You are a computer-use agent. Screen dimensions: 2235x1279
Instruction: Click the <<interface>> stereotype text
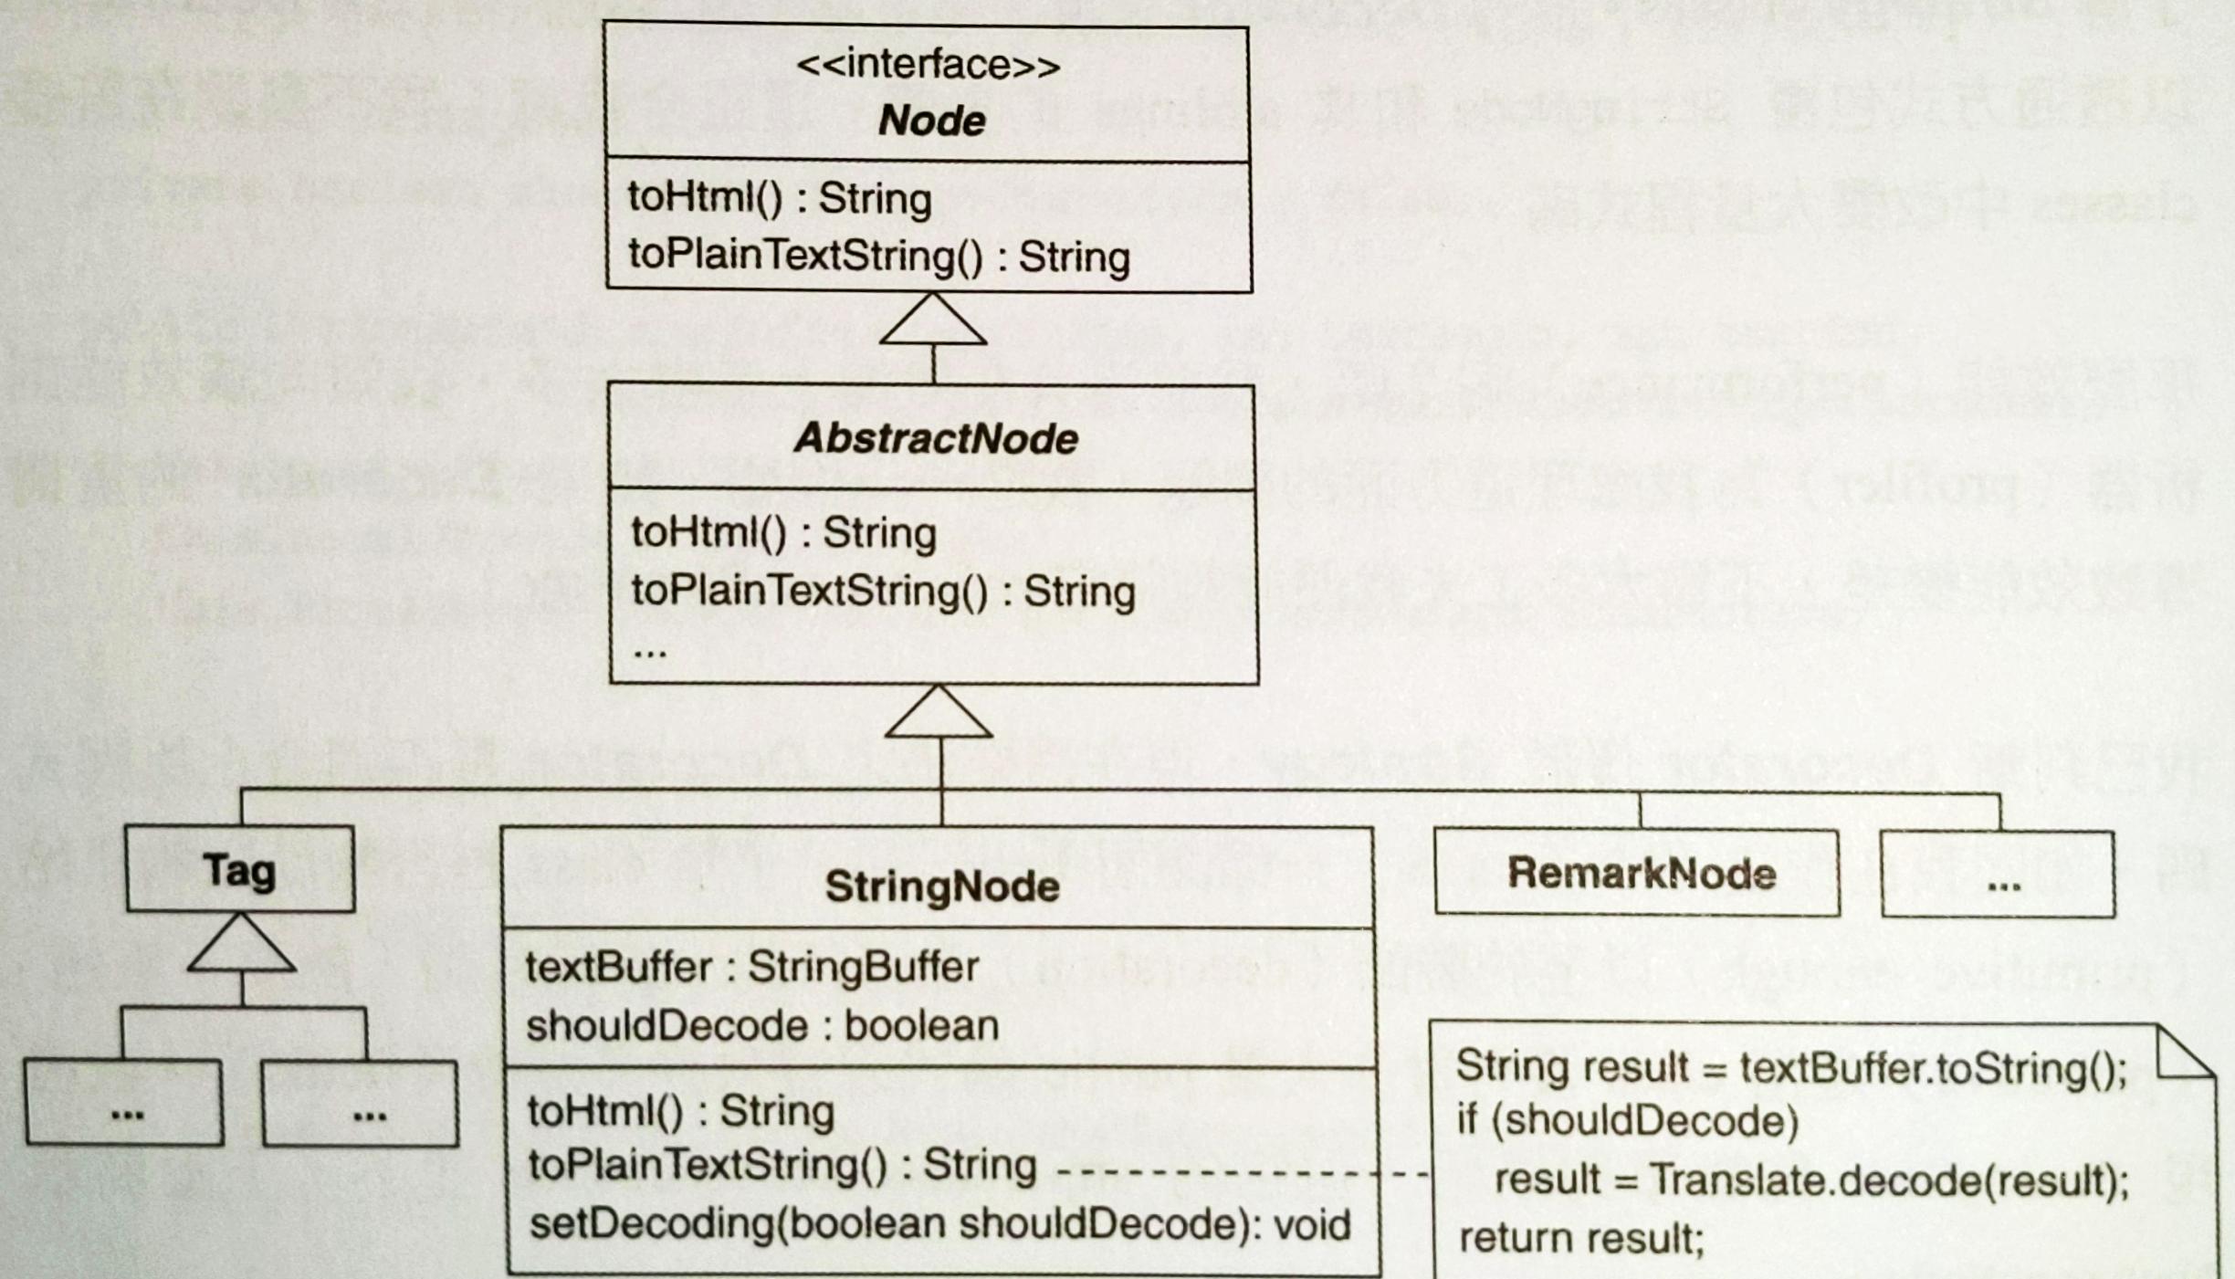(929, 65)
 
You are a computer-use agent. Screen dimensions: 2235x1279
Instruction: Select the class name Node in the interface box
(931, 121)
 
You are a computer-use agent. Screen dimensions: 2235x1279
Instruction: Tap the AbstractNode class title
(936, 438)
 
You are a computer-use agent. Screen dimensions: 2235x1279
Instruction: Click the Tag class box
(240, 868)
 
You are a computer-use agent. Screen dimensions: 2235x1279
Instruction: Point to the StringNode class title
(942, 886)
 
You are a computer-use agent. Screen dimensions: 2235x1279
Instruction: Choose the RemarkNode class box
(1637, 872)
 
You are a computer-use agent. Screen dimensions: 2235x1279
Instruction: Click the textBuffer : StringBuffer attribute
(752, 967)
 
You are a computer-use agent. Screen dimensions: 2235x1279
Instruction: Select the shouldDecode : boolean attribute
(762, 1026)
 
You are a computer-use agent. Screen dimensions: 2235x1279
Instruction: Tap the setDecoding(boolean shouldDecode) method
(939, 1224)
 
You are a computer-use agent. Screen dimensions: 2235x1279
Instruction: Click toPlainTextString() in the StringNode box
(782, 1166)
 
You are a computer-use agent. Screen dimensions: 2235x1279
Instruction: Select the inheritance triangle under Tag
(241, 942)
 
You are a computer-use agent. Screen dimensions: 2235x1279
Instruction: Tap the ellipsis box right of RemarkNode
(1999, 874)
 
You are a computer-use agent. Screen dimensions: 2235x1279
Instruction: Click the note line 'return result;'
(1581, 1239)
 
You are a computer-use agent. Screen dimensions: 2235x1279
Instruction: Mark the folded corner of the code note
(2186, 1051)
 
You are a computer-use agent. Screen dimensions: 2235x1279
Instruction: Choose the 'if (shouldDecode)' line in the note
(1627, 1120)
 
